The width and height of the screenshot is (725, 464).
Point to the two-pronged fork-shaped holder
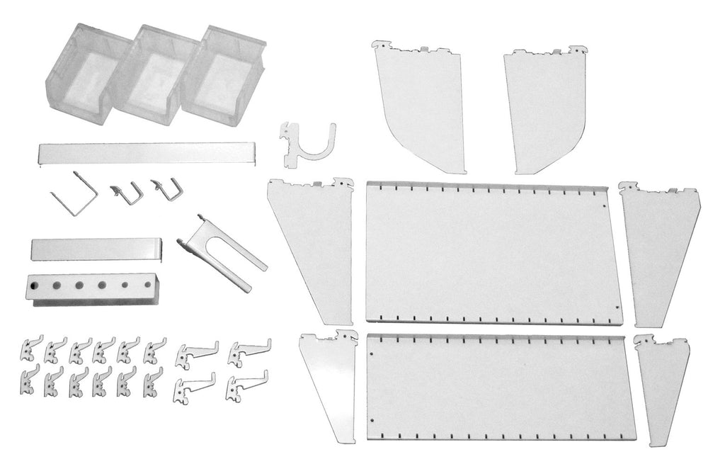click(223, 251)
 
